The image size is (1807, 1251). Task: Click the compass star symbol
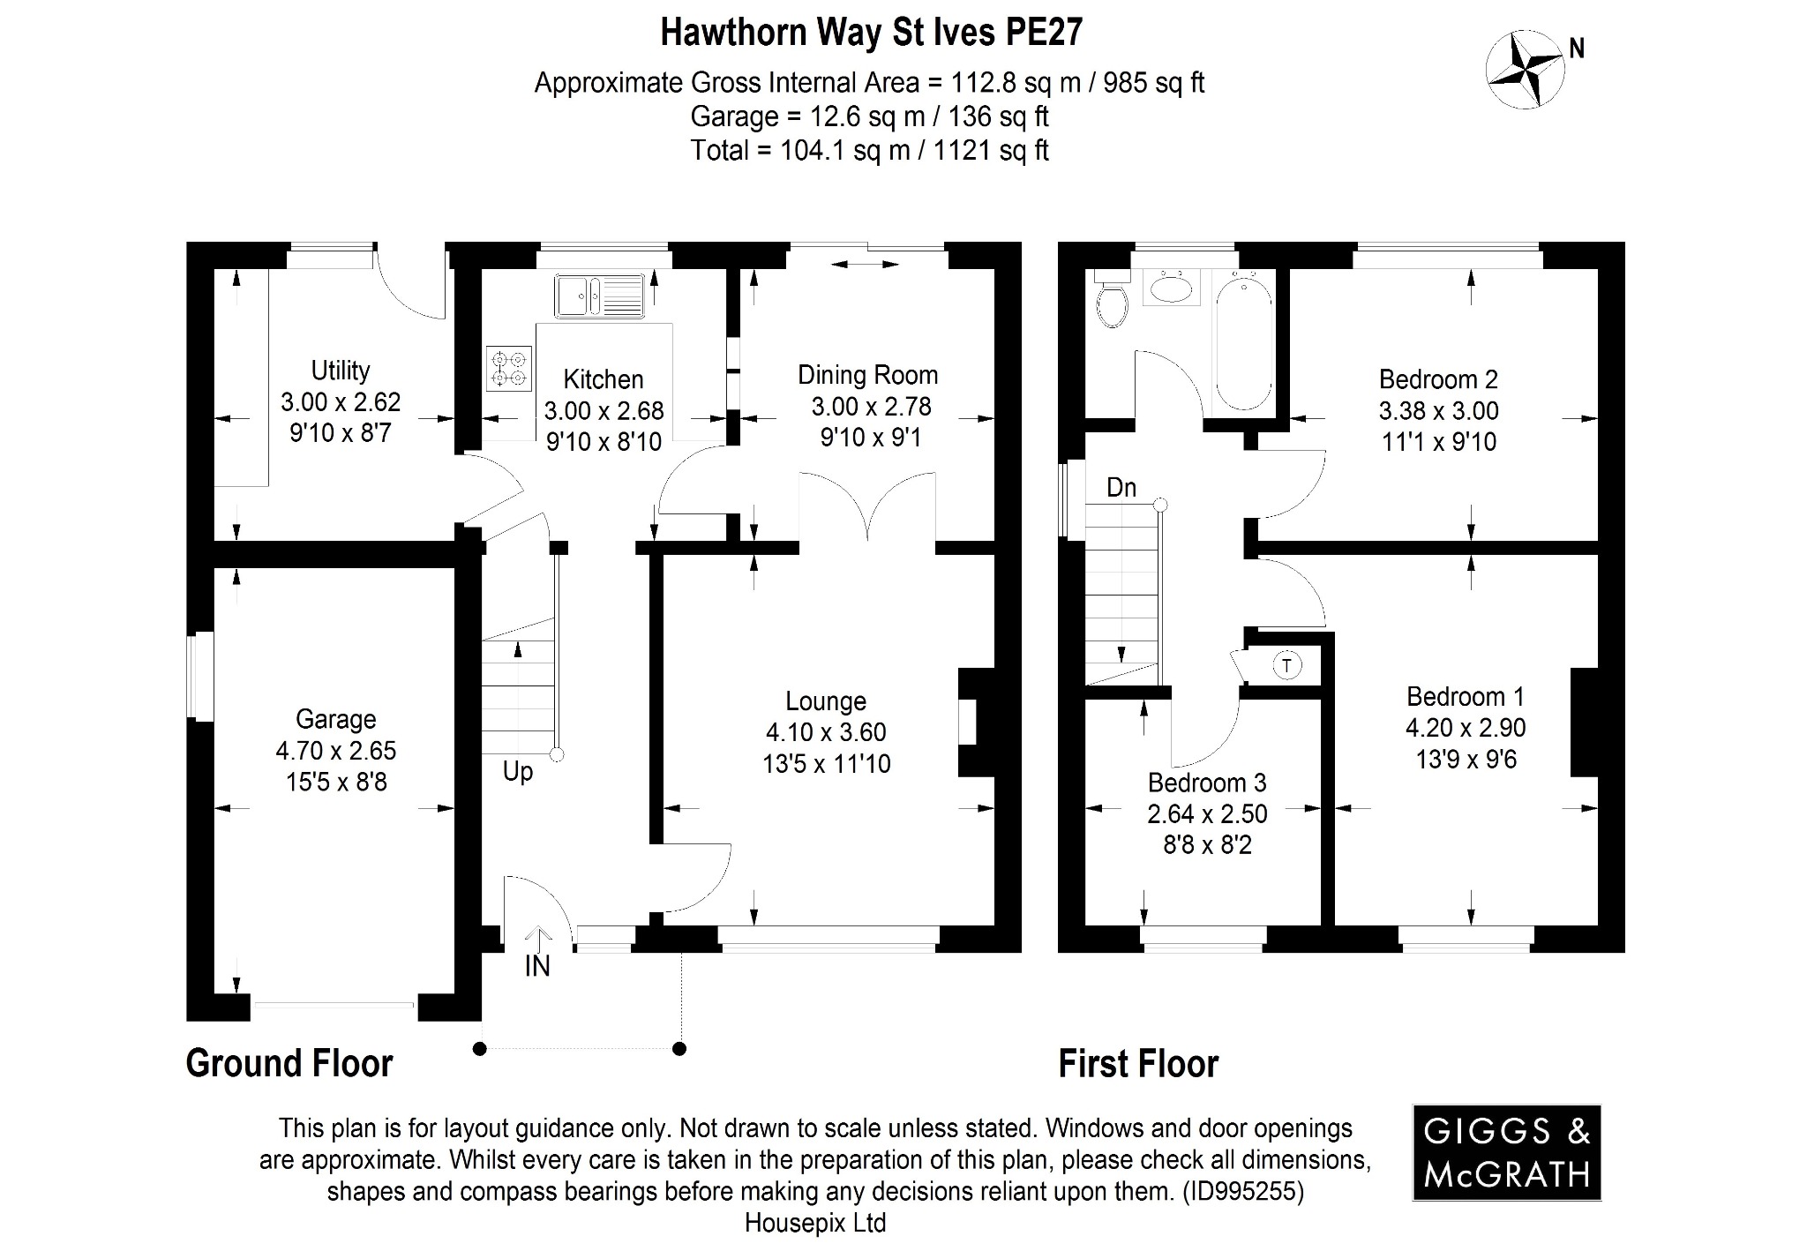(1525, 70)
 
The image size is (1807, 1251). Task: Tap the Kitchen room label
(604, 379)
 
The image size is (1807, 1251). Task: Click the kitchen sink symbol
(600, 296)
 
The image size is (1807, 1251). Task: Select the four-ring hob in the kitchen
(509, 369)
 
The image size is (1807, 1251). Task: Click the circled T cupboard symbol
(1287, 665)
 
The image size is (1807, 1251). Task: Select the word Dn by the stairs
(1121, 488)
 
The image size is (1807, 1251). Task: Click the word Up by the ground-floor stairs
(518, 772)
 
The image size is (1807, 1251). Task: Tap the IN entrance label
(537, 967)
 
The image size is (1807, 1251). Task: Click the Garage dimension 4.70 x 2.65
(336, 751)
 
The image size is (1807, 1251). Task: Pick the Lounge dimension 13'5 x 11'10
(827, 764)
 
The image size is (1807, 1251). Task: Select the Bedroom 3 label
(1207, 783)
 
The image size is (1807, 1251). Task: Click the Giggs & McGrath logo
(1507, 1153)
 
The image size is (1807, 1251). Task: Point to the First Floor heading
(1138, 1064)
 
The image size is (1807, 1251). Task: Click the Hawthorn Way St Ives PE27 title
(871, 34)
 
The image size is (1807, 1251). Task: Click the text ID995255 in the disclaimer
(1242, 1192)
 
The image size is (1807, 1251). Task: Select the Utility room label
(341, 371)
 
